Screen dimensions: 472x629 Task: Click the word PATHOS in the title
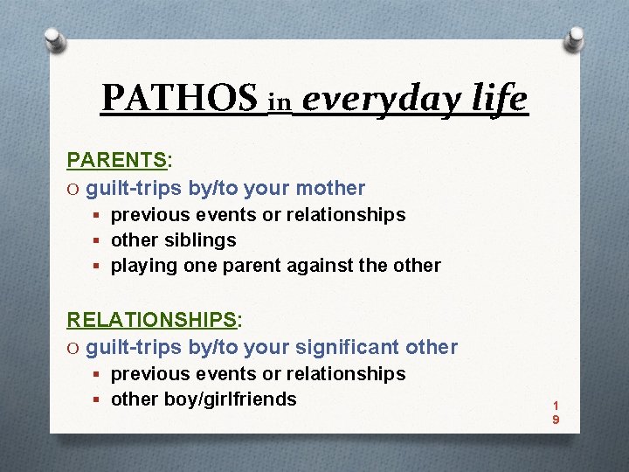179,99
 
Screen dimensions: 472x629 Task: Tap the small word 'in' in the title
279,103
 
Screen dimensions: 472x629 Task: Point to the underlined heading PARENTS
117,161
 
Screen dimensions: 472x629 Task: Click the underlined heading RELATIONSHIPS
152,320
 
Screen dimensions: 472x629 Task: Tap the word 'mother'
331,188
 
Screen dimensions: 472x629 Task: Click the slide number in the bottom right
555,413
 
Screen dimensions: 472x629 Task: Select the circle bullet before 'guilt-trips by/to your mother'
74,189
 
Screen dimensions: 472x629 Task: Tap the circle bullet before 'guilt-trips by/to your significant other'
74,348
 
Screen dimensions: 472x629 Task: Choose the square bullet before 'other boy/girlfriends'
99,400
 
